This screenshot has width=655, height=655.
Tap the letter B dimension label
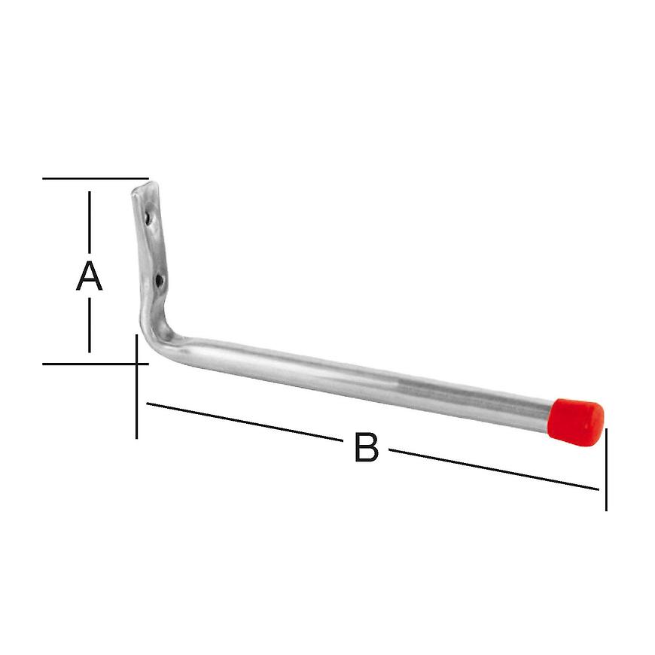pyautogui.click(x=366, y=449)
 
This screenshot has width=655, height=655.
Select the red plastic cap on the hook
pyautogui.click(x=577, y=420)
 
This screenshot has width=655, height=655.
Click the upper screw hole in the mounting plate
pyautogui.click(x=149, y=218)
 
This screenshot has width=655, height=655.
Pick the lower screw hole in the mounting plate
pyautogui.click(x=159, y=281)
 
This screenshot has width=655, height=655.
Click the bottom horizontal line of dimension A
pyautogui.click(x=90, y=364)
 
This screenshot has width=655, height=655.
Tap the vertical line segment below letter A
pyautogui.click(x=90, y=324)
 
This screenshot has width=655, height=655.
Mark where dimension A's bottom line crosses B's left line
pyautogui.click(x=136, y=364)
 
